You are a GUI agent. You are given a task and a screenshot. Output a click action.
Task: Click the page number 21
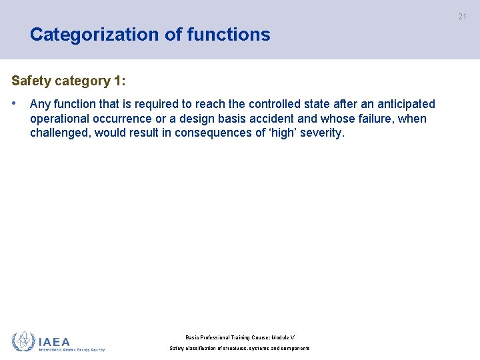[x=462, y=17]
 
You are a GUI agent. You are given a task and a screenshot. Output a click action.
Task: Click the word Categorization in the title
[x=92, y=35]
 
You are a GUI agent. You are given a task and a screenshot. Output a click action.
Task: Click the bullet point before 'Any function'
[x=15, y=104]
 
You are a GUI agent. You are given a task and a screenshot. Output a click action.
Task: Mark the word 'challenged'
[x=61, y=133]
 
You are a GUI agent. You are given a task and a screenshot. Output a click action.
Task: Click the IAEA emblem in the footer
[x=23, y=341]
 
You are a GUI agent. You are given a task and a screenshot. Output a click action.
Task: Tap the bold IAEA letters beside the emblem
[x=54, y=341]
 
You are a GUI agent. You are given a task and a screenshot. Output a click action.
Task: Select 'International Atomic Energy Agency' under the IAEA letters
[x=71, y=349]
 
